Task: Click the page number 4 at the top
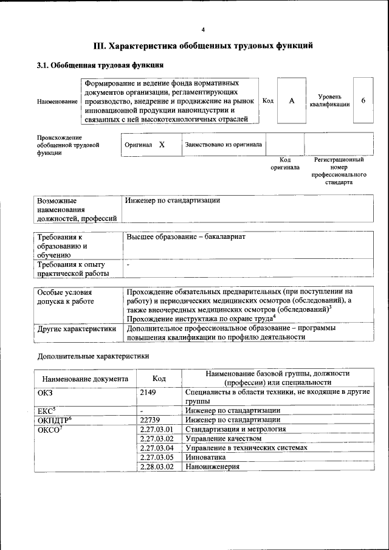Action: (203, 29)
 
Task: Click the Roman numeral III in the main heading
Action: (100, 45)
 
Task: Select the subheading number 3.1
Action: (43, 65)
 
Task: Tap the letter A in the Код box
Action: (292, 101)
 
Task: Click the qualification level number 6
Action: (363, 100)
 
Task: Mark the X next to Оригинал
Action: (162, 145)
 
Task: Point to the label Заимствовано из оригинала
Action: (224, 145)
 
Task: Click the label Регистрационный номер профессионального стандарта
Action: (339, 171)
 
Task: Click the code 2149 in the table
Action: (148, 393)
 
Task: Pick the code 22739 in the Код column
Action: (150, 419)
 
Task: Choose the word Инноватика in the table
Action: (205, 457)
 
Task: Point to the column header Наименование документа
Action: (85, 379)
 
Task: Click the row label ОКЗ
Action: (46, 393)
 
